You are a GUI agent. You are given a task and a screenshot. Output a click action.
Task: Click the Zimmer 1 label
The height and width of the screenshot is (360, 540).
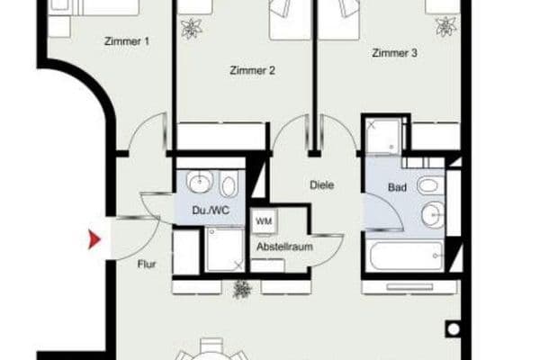pos(128,40)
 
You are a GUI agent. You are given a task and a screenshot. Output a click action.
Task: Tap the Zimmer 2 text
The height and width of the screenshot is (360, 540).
pos(251,70)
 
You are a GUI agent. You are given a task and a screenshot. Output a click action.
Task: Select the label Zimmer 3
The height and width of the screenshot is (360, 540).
pos(394,54)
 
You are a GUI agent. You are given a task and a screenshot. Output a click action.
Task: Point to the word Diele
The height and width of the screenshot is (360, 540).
pos(321,186)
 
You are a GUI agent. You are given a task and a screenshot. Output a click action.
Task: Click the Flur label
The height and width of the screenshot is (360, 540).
pos(148,265)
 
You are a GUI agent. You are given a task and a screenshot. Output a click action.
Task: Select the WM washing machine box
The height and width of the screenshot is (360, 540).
pos(265,220)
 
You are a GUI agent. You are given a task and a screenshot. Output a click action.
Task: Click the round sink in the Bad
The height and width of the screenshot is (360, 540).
pos(432,215)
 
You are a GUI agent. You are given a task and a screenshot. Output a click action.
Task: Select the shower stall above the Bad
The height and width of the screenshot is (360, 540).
pos(382,135)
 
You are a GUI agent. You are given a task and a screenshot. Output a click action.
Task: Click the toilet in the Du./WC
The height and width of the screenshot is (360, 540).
pos(228,187)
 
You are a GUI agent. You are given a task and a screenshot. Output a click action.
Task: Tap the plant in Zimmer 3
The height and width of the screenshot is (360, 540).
pos(444,28)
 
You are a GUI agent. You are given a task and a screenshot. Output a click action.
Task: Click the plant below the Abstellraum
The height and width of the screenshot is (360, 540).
pos(241,289)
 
